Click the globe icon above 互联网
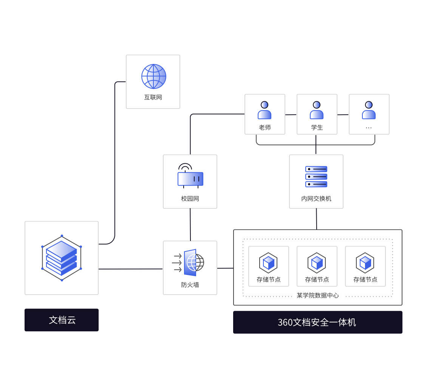pyautogui.click(x=153, y=76)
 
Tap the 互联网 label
pyautogui.click(x=153, y=97)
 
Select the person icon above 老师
pyautogui.click(x=265, y=110)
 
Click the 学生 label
pyautogui.click(x=317, y=127)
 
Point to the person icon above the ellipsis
pyautogui.click(x=369, y=110)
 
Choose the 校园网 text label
pyautogui.click(x=190, y=199)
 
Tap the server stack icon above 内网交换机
pyautogui.click(x=316, y=177)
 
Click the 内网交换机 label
pyautogui.click(x=316, y=199)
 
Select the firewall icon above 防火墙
pyautogui.click(x=190, y=262)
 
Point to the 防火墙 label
pyautogui.click(x=190, y=285)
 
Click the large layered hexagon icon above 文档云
pyautogui.click(x=62, y=258)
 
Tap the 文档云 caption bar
pyautogui.click(x=62, y=320)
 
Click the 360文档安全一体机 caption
pyautogui.click(x=317, y=323)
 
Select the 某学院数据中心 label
pyautogui.click(x=317, y=295)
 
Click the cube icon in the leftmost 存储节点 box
pyautogui.click(x=268, y=263)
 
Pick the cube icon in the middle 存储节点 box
pyautogui.click(x=317, y=263)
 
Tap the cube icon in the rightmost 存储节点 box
pyautogui.click(x=365, y=263)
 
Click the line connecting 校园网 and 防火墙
pyautogui.click(x=190, y=225)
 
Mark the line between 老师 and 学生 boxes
pyautogui.click(x=291, y=115)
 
